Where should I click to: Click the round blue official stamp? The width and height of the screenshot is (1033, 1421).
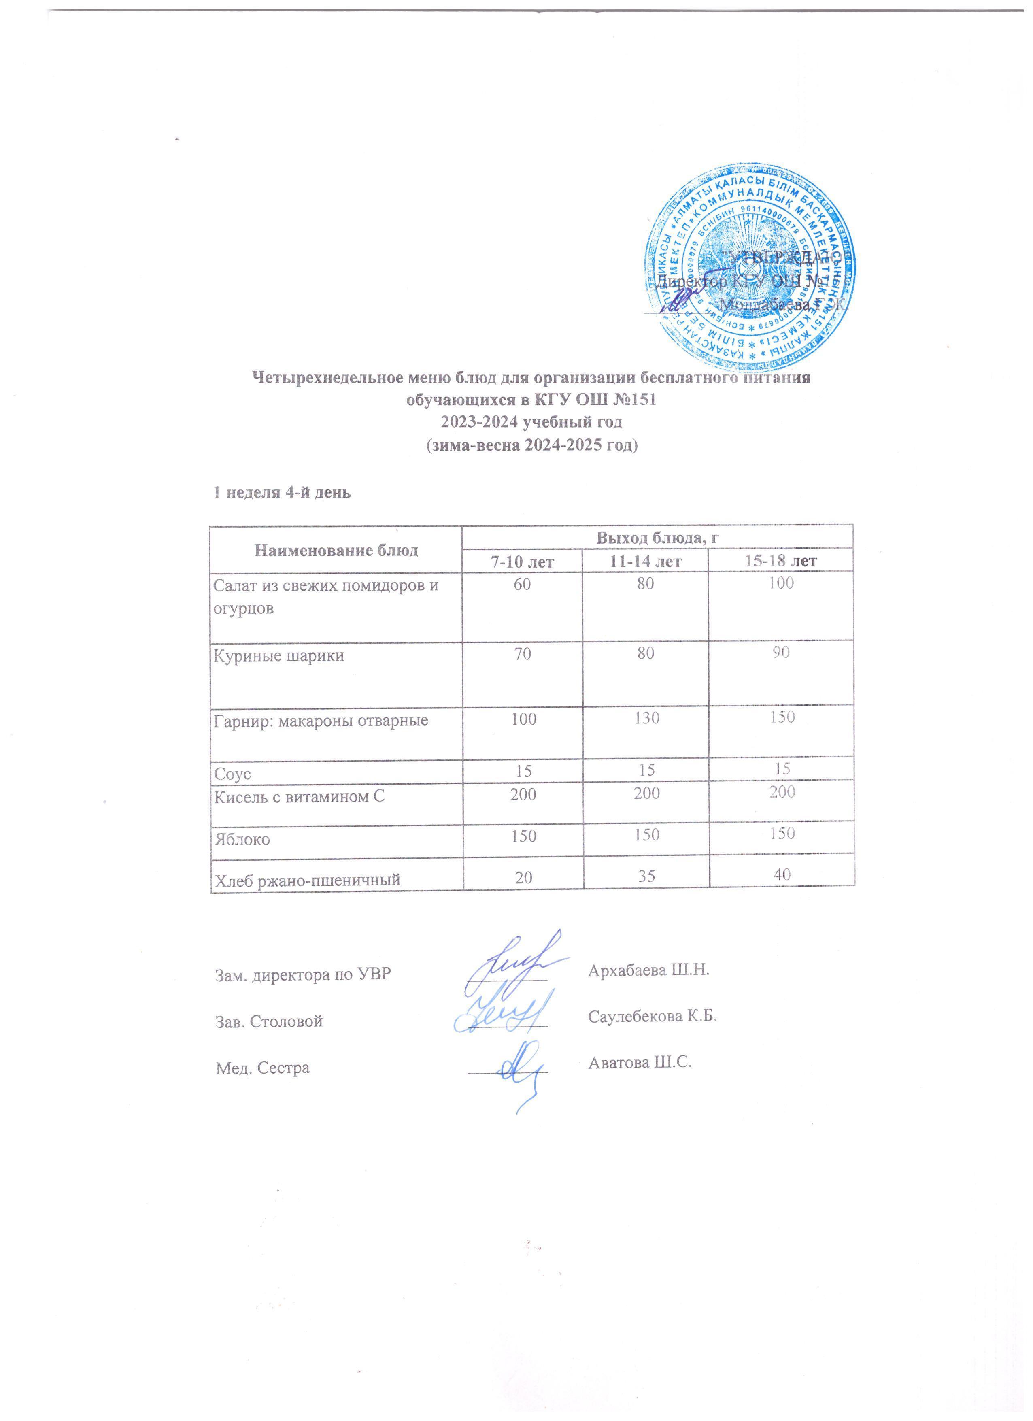pos(749,272)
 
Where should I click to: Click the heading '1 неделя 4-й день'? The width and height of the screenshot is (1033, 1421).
pos(282,492)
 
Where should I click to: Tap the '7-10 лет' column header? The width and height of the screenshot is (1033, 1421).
pos(522,561)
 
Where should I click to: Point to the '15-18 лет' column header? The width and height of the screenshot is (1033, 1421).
pos(780,561)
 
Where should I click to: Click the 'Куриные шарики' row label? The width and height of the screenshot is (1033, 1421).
pos(279,656)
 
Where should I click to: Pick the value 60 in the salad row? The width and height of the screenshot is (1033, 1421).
pos(523,584)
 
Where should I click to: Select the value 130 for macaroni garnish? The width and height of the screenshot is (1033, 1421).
pos(646,718)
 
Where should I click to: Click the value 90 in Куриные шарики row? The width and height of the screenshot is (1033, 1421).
pos(780,653)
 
